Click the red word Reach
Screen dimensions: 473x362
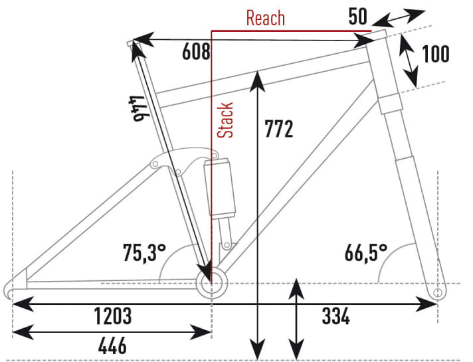click(x=266, y=18)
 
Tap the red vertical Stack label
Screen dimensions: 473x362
click(x=225, y=120)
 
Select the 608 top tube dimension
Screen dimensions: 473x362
click(x=196, y=52)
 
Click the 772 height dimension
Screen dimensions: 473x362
click(x=279, y=129)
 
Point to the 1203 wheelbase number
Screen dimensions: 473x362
click(x=113, y=316)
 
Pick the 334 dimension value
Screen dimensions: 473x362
click(x=335, y=316)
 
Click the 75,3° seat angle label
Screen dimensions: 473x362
click(x=144, y=252)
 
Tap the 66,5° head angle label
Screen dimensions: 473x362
click(x=366, y=253)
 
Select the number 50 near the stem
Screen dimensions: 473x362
click(x=358, y=17)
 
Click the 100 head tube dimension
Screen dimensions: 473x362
click(x=436, y=54)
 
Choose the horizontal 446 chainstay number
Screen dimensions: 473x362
click(x=112, y=345)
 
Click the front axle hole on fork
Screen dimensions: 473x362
click(x=438, y=292)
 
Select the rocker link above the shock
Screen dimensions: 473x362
click(x=184, y=161)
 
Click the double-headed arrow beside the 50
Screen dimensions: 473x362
click(x=399, y=18)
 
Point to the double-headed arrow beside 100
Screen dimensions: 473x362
click(x=409, y=61)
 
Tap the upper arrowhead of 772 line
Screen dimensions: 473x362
click(x=257, y=80)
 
